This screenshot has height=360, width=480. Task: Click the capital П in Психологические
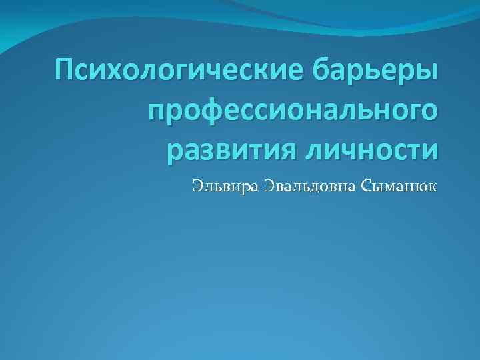click(x=67, y=69)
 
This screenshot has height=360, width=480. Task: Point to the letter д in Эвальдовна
click(x=309, y=186)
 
